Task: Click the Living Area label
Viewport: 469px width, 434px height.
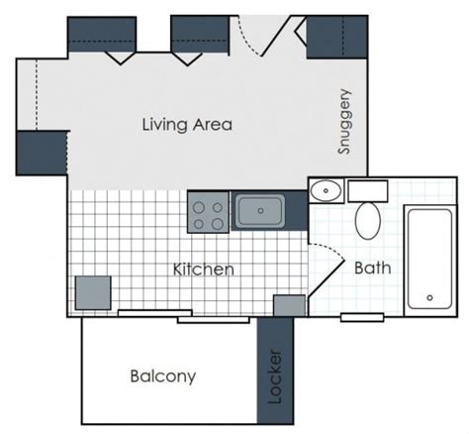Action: (187, 125)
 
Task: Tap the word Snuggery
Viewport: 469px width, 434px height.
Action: (344, 122)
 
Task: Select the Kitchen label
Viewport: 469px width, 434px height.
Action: (204, 270)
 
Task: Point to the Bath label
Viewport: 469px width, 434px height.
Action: (373, 268)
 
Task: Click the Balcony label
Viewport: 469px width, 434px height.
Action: (163, 377)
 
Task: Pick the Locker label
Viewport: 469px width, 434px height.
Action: (275, 377)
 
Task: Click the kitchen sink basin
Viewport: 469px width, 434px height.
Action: (260, 211)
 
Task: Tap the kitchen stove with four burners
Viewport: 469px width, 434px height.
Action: (208, 212)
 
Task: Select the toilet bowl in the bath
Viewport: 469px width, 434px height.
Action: (368, 221)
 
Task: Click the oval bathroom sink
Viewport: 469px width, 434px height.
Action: (327, 190)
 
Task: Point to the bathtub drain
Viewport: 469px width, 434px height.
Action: (429, 297)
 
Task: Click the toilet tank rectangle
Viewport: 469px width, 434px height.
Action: (368, 191)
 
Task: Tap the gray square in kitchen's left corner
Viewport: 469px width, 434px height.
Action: (93, 293)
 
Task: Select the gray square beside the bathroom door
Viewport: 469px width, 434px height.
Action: (290, 306)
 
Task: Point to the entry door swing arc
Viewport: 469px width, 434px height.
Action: (247, 38)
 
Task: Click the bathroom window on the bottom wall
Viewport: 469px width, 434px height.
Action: (362, 317)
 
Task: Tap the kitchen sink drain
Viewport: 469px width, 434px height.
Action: (260, 210)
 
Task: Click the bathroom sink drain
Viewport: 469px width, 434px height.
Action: (327, 190)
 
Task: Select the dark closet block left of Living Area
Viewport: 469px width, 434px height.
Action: (42, 153)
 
